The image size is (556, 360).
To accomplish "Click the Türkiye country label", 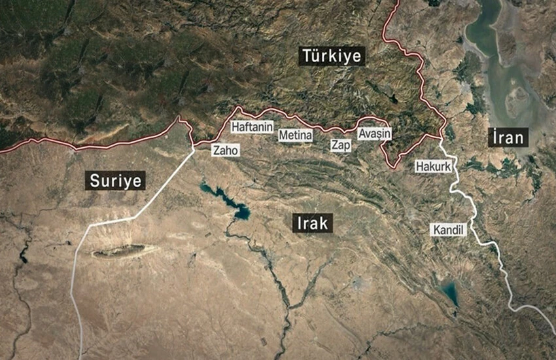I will pyautogui.click(x=331, y=56).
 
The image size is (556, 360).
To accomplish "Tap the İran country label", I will pyautogui.click(x=508, y=137).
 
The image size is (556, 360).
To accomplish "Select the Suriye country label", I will pyautogui.click(x=115, y=180).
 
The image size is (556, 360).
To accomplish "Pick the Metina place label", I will pyautogui.click(x=296, y=135).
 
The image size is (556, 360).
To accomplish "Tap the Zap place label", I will pyautogui.click(x=340, y=144).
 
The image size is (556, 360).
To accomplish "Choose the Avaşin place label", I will pyautogui.click(x=375, y=134).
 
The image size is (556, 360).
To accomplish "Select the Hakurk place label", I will pyautogui.click(x=434, y=167).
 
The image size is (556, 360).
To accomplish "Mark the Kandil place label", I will pyautogui.click(x=448, y=230).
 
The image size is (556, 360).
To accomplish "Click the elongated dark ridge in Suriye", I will pyautogui.click(x=124, y=251).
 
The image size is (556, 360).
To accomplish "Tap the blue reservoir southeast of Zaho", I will pyautogui.click(x=239, y=211).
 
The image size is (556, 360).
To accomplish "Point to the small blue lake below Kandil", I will pyautogui.click(x=449, y=292).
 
